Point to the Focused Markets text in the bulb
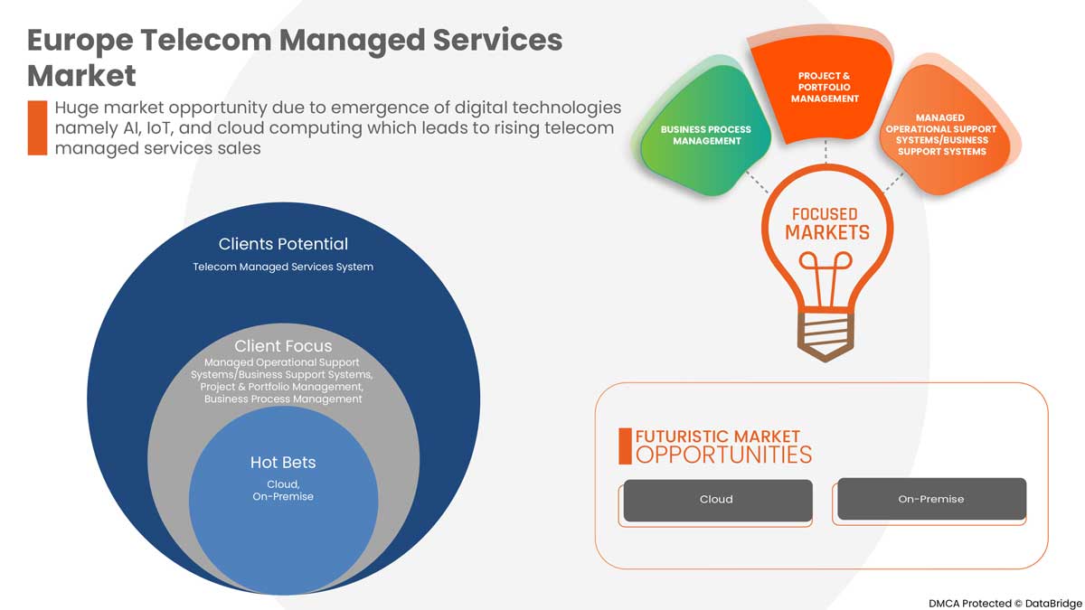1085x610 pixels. (x=824, y=224)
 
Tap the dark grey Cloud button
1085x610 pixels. (x=717, y=500)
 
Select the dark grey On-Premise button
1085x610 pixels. (x=931, y=499)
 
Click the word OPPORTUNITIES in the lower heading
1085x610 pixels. (x=723, y=454)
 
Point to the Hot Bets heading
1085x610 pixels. (x=283, y=463)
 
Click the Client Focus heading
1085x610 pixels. (x=283, y=346)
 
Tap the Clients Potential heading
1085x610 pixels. (x=283, y=244)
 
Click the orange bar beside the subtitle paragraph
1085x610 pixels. (x=37, y=127)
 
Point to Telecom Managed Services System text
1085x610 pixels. (x=283, y=267)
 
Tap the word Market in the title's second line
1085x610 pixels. (x=81, y=74)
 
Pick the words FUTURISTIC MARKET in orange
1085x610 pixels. (x=718, y=436)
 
